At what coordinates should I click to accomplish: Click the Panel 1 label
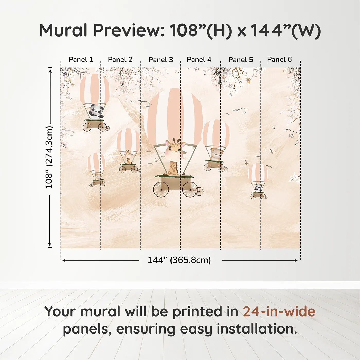[80, 60]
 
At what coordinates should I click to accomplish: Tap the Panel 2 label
[120, 60]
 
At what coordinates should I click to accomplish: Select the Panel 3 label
[161, 60]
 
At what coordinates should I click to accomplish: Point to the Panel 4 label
[199, 60]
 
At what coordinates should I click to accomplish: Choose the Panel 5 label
[241, 60]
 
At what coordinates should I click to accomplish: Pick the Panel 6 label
[279, 60]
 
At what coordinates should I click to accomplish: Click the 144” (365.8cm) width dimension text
[179, 260]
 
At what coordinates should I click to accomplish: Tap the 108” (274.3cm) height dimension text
[49, 157]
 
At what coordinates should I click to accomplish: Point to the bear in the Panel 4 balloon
[215, 154]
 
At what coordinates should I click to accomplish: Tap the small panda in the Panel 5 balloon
[258, 187]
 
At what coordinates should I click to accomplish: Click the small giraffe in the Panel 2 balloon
[128, 157]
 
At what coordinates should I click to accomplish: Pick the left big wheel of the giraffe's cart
[161, 190]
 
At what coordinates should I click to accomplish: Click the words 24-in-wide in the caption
[279, 311]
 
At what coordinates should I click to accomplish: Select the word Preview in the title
[127, 30]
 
